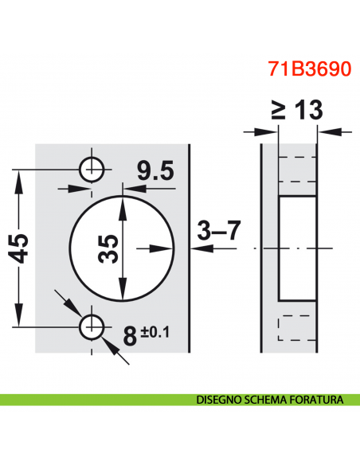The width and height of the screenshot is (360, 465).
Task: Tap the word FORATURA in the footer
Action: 315,399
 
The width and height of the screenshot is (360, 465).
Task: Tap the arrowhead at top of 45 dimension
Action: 19,174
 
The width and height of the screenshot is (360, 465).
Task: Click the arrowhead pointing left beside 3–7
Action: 198,248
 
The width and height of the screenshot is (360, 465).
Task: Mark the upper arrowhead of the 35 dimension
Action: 122,200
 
